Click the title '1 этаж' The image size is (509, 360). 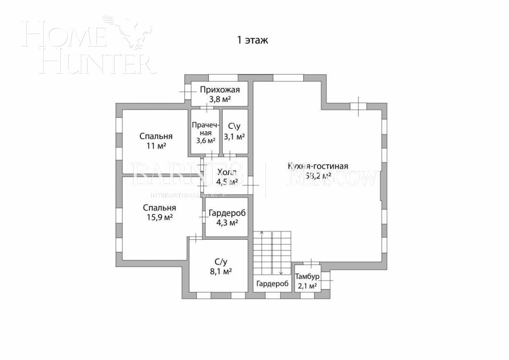[x=252, y=40]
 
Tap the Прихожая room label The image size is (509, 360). [x=220, y=90]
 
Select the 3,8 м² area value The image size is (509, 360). [x=220, y=99]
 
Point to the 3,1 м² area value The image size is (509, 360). [x=235, y=136]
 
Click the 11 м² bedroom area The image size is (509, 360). [x=156, y=146]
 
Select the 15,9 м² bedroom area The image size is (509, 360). [x=159, y=217]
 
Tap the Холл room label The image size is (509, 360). [x=227, y=172]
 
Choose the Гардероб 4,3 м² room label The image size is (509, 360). [x=227, y=213]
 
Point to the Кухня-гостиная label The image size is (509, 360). [x=318, y=166]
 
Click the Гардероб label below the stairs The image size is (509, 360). [x=272, y=284]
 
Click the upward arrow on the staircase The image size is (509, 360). [x=262, y=233]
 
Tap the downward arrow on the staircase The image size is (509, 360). [x=281, y=273]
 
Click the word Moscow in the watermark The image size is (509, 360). [x=333, y=178]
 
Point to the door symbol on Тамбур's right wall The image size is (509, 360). [x=326, y=280]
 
